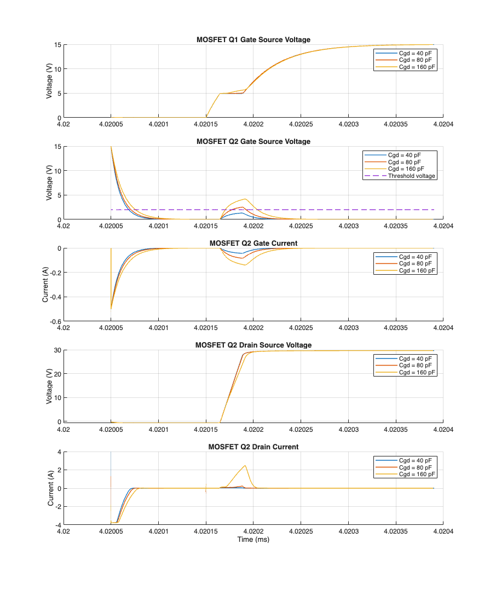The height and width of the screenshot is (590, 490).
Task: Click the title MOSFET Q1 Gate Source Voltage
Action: pyautogui.click(x=253, y=40)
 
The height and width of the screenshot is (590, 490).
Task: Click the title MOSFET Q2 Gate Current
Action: pyautogui.click(x=253, y=243)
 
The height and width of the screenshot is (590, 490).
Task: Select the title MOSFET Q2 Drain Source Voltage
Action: pyautogui.click(x=253, y=345)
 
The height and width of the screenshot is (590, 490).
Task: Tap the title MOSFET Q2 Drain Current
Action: pyautogui.click(x=253, y=447)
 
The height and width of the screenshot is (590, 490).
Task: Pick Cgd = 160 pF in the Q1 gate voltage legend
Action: pyautogui.click(x=418, y=67)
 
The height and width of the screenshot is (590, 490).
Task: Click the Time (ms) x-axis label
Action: pyautogui.click(x=253, y=540)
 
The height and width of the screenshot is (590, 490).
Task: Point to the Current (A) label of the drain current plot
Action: pyautogui.click(x=50, y=488)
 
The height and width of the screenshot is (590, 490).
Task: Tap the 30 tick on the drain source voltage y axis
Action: pyautogui.click(x=56, y=350)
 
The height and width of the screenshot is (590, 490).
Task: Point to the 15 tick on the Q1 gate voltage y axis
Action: pyautogui.click(x=56, y=45)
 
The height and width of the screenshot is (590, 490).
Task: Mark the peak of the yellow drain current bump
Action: pyautogui.click(x=245, y=466)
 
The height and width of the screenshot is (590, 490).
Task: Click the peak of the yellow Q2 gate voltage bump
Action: pyautogui.click(x=246, y=199)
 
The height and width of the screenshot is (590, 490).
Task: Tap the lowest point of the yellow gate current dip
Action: pyautogui.click(x=245, y=265)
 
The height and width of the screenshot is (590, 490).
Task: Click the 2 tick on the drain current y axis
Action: pyautogui.click(x=58, y=470)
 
